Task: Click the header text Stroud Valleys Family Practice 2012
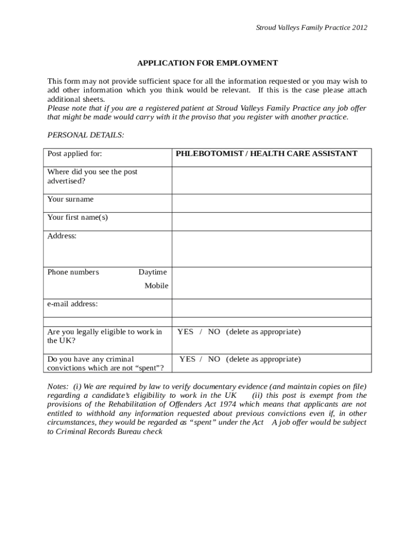(311, 28)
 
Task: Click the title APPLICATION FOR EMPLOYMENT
(207, 63)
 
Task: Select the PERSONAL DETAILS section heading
(86, 135)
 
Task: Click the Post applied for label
(75, 154)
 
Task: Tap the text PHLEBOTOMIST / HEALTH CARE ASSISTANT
(266, 154)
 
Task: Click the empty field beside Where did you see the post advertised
(271, 180)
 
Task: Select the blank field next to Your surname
(271, 203)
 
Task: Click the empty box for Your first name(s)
(271, 221)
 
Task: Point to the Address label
(62, 236)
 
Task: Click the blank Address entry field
(271, 249)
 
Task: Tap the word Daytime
(152, 272)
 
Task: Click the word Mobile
(156, 286)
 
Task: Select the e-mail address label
(72, 304)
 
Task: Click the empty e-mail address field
(271, 308)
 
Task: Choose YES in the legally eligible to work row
(185, 332)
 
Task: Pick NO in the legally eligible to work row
(214, 332)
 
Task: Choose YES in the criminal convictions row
(187, 359)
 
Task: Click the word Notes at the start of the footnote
(57, 387)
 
